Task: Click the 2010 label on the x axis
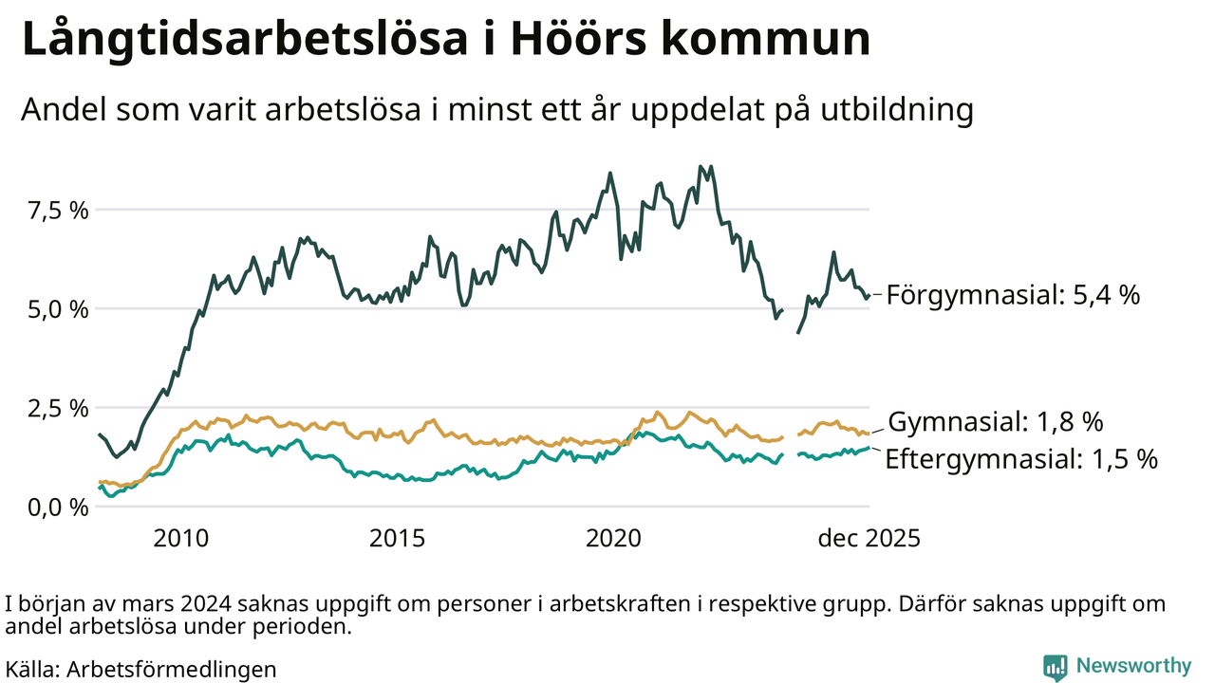[180, 539]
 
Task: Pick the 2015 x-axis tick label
[397, 539]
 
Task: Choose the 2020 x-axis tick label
[613, 539]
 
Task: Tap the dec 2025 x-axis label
[869, 539]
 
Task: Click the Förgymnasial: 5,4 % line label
[1014, 295]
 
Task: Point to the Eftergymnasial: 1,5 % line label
[1021, 460]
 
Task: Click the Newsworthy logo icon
[1055, 667]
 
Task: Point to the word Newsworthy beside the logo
[1132, 666]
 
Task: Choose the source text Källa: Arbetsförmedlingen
[140, 668]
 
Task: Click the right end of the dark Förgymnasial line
[868, 296]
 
